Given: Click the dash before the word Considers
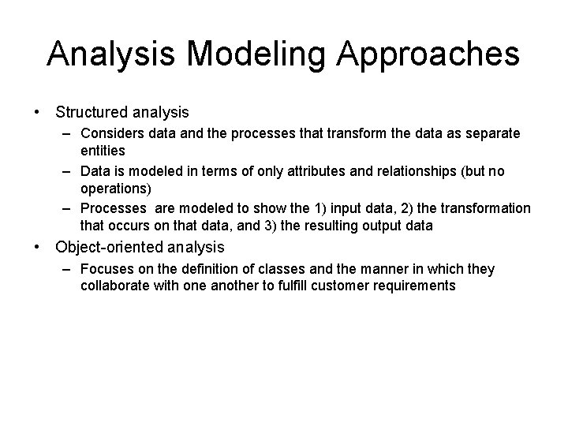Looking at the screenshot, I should click(69, 134).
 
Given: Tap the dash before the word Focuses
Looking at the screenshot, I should click(69, 270).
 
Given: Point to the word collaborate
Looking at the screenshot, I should click(115, 285).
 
